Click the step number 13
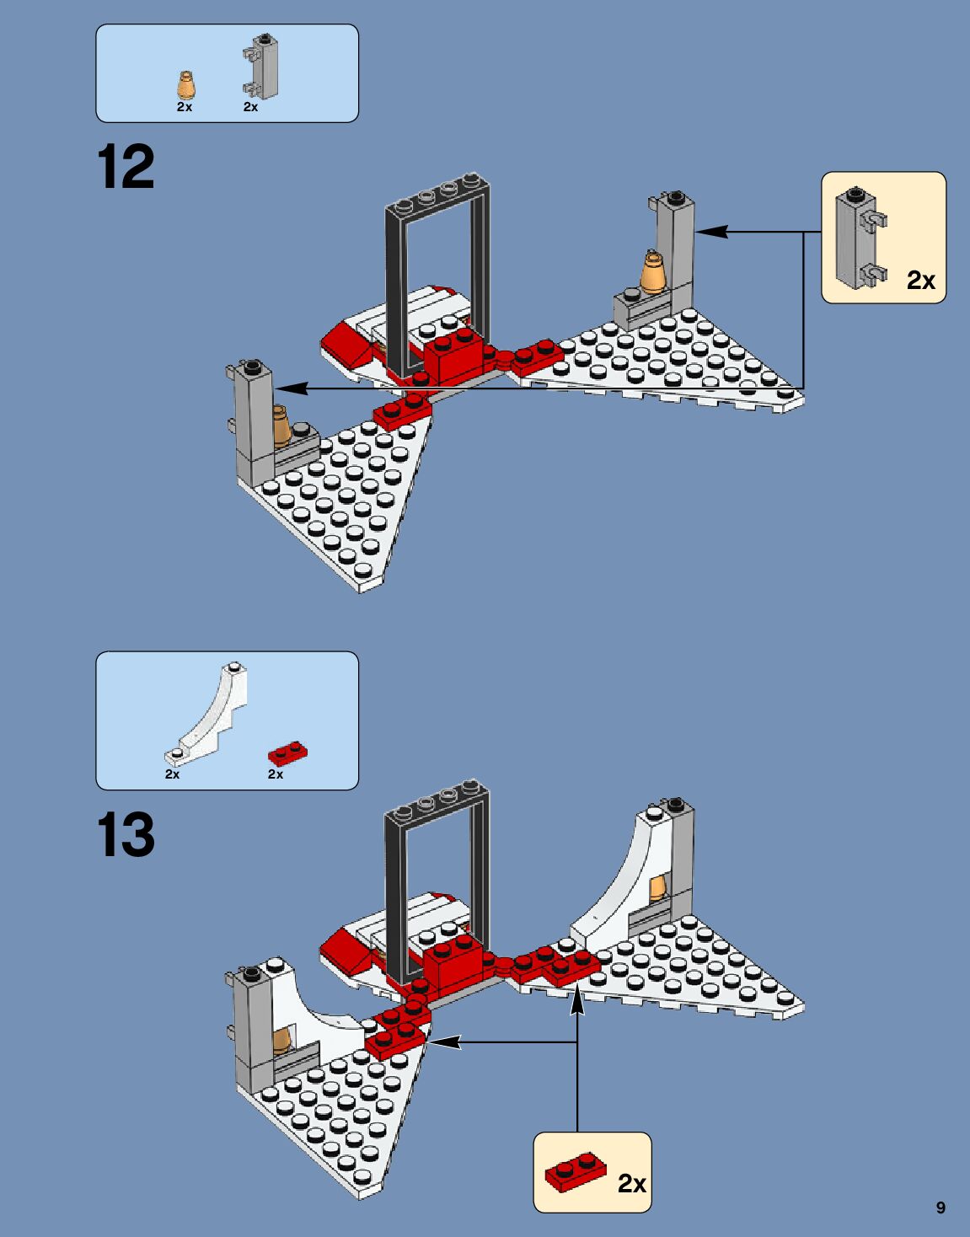[126, 834]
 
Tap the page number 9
[941, 1208]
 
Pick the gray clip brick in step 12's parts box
[259, 66]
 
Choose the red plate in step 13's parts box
[287, 753]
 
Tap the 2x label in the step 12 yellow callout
[921, 280]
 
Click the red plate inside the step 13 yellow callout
[575, 1173]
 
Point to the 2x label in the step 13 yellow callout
[632, 1183]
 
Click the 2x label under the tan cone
[185, 107]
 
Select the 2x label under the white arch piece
[173, 774]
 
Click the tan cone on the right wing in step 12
[653, 273]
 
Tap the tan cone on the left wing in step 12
[281, 426]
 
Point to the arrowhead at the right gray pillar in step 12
[711, 231]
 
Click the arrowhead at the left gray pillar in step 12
[291, 388]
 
